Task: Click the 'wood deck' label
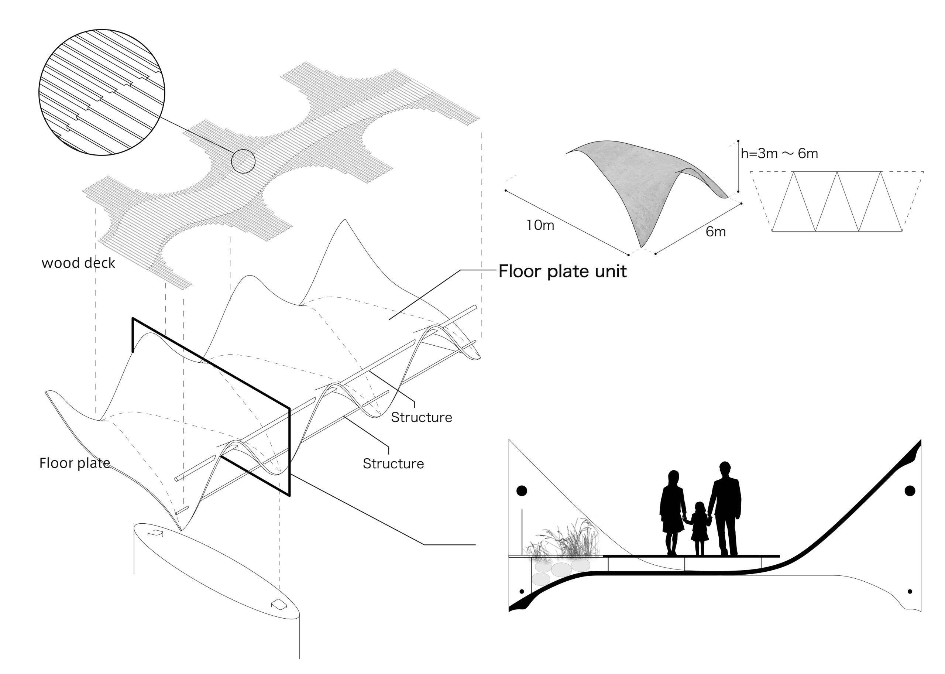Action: [x=78, y=263]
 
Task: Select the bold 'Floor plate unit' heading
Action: [x=562, y=271]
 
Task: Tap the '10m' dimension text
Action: [x=540, y=225]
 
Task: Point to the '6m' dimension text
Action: [x=716, y=232]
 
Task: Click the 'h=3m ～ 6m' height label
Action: [x=779, y=154]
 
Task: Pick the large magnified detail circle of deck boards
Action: [x=102, y=92]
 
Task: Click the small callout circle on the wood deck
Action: [x=243, y=161]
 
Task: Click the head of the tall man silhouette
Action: [x=724, y=467]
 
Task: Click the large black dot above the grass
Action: [x=522, y=491]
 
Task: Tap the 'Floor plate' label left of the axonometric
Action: [x=75, y=463]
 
